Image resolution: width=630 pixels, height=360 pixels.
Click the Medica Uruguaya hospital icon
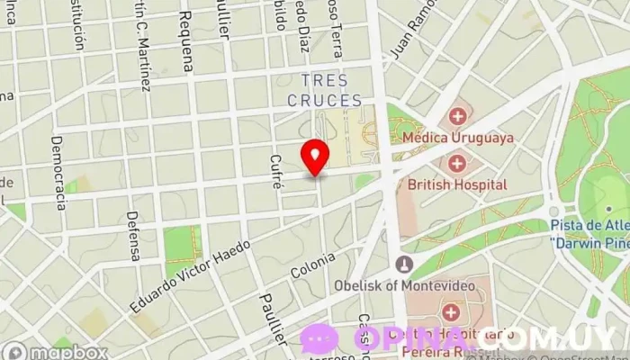458,116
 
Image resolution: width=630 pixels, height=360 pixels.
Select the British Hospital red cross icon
458,162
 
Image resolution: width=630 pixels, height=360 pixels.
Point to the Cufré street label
276,168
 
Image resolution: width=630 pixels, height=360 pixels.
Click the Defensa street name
134,236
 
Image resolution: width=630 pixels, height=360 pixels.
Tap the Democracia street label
58,172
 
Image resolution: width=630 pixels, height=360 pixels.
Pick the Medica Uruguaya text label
458,138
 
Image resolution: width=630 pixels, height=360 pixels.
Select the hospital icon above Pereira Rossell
450,312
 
